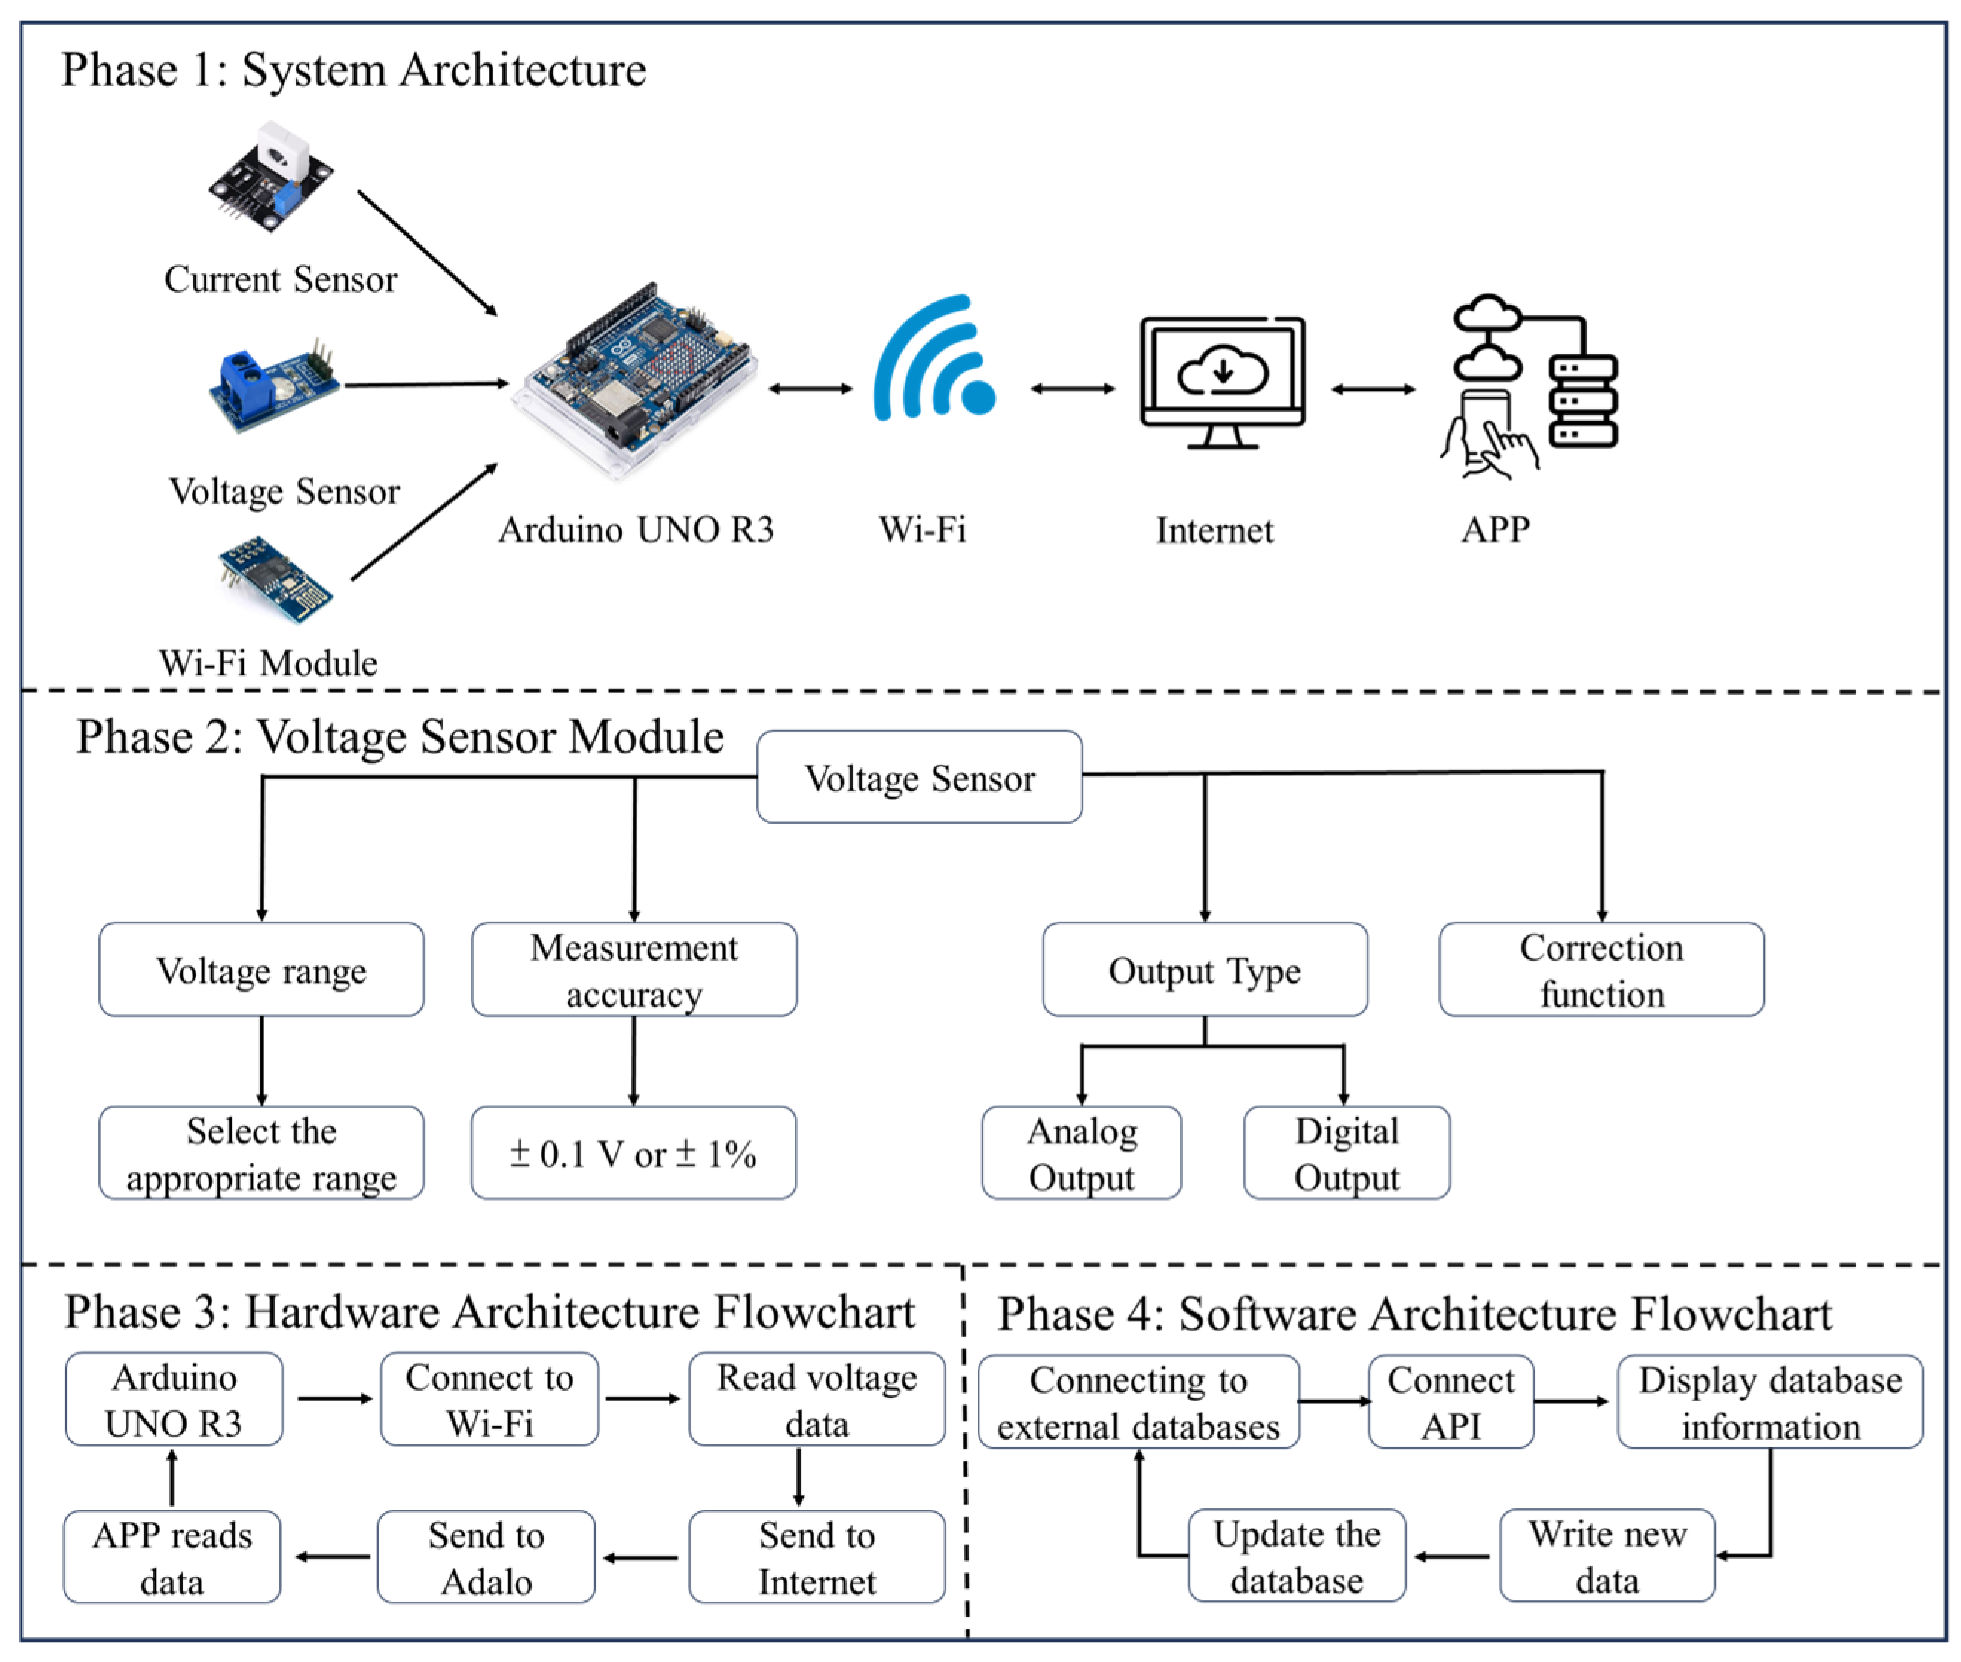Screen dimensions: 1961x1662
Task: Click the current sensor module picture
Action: [x=271, y=176]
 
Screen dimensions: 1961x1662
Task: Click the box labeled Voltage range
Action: [x=261, y=970]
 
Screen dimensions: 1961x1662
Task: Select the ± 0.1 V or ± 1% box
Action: [x=634, y=1152]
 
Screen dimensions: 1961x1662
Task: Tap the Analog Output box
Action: [x=1082, y=1152]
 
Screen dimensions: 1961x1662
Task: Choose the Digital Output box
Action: [x=1347, y=1152]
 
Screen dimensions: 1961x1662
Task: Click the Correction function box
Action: [x=1601, y=970]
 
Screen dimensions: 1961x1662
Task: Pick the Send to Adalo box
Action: [x=486, y=1556]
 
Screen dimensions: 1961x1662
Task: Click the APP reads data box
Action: [x=172, y=1556]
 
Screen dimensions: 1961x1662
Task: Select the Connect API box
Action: [x=1451, y=1401]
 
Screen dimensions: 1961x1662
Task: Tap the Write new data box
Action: [x=1607, y=1556]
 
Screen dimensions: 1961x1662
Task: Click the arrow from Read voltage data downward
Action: [x=799, y=1476]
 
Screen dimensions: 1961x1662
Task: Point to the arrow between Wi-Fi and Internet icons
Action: [x=1073, y=388]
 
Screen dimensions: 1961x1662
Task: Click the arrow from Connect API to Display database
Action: [x=1571, y=1401]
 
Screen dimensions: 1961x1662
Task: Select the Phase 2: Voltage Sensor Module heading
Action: [x=400, y=737]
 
